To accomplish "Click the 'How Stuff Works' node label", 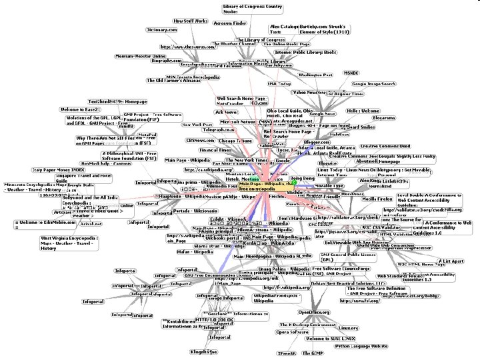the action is pos(191,21).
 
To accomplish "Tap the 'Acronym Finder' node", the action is pos(230,23).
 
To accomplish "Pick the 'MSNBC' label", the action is pos(351,73).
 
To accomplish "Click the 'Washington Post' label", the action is pos(315,75).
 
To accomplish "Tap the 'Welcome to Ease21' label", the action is pos(80,109).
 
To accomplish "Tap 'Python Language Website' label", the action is pos(361,346).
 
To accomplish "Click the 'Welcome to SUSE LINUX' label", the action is pos(330,339).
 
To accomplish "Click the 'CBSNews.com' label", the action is pos(200,141).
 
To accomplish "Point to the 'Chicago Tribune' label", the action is pos(235,141).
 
